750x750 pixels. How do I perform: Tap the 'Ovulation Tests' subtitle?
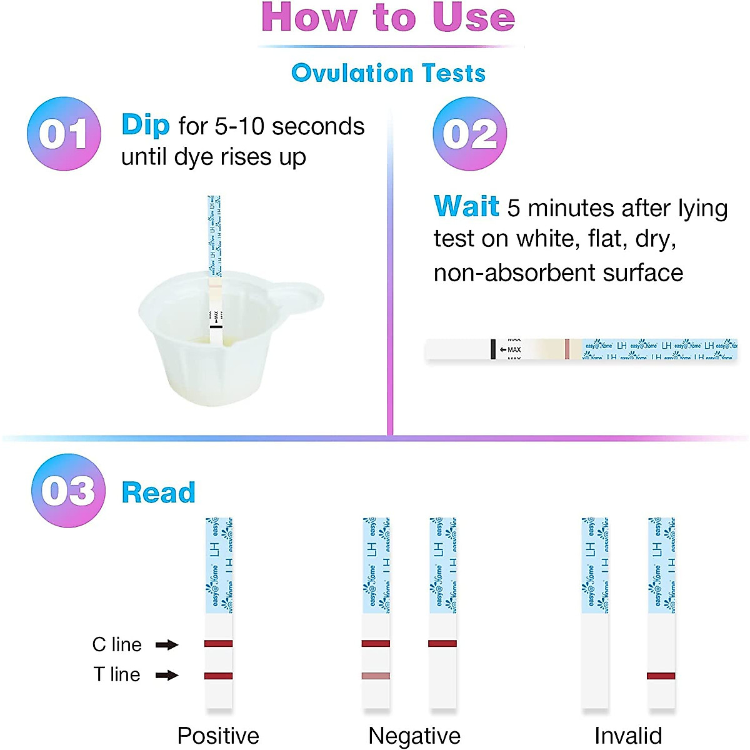(x=388, y=73)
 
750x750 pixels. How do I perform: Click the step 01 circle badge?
(x=64, y=134)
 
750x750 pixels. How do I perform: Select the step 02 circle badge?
(x=470, y=134)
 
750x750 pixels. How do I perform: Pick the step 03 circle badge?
(x=68, y=491)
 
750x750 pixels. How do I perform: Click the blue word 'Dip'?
(x=145, y=125)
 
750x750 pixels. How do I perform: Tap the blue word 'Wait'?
(x=466, y=206)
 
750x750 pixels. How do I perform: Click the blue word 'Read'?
(x=158, y=492)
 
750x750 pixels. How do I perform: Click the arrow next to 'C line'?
(x=167, y=644)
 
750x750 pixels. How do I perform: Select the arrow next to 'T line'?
(x=167, y=675)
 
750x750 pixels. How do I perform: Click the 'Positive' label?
(x=218, y=736)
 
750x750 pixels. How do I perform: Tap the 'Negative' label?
(x=414, y=736)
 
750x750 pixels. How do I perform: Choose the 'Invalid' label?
(x=628, y=736)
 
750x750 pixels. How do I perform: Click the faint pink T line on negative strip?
(x=376, y=676)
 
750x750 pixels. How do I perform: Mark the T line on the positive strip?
(x=219, y=676)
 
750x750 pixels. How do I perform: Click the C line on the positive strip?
(x=219, y=643)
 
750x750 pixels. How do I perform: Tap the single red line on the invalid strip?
(x=661, y=676)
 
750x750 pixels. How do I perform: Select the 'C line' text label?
(x=117, y=644)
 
